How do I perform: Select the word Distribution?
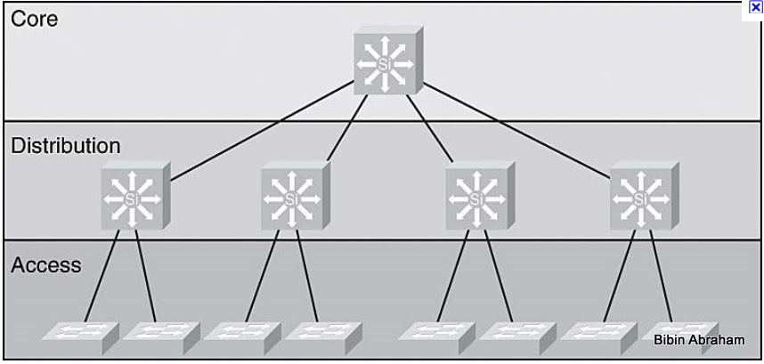point(66,145)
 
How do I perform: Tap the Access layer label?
point(46,264)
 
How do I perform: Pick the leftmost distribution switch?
point(134,197)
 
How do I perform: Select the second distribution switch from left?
point(293,197)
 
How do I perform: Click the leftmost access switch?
point(77,332)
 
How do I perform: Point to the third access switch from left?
point(238,332)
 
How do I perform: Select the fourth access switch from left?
point(317,332)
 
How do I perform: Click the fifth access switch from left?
point(431,332)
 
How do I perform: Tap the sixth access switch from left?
point(512,332)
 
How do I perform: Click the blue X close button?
point(757,6)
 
